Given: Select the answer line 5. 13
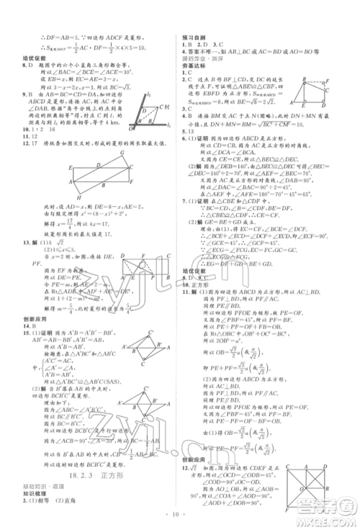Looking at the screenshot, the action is [x=189, y=132].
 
